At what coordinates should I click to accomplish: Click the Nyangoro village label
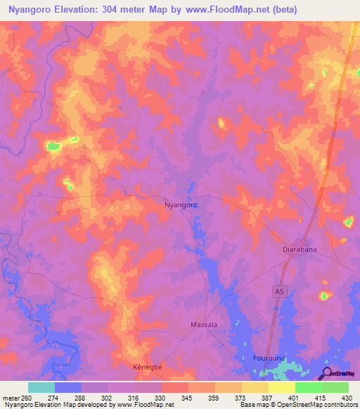click(180, 204)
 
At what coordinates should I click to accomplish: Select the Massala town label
click(204, 325)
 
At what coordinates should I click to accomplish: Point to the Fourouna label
click(268, 358)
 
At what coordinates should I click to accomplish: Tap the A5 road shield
click(281, 290)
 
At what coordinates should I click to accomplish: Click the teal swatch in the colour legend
click(41, 387)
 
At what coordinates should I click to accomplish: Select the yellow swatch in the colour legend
click(255, 387)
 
